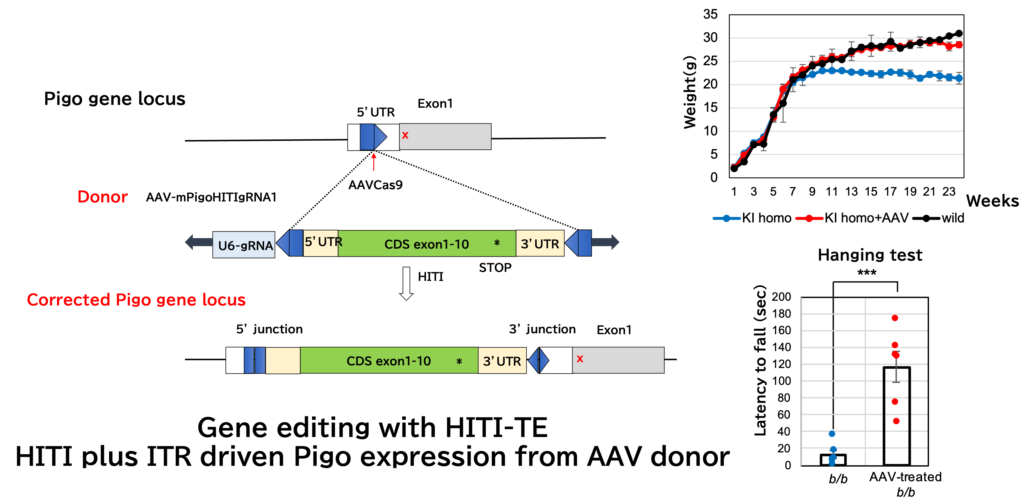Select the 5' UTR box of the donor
coord(321,243)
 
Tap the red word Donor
coord(103,197)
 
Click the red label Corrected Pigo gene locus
coord(136,300)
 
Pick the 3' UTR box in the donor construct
coord(540,243)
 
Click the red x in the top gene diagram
coord(405,135)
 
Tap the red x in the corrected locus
coord(580,359)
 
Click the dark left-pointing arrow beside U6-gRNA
coord(199,242)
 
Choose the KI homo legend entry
coord(752,218)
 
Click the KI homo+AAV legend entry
coord(852,218)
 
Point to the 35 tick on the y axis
coord(710,14)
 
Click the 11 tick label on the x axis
coord(832,192)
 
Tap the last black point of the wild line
coord(959,33)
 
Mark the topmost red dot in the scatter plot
coord(895,318)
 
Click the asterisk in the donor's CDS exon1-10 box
coord(497,243)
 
